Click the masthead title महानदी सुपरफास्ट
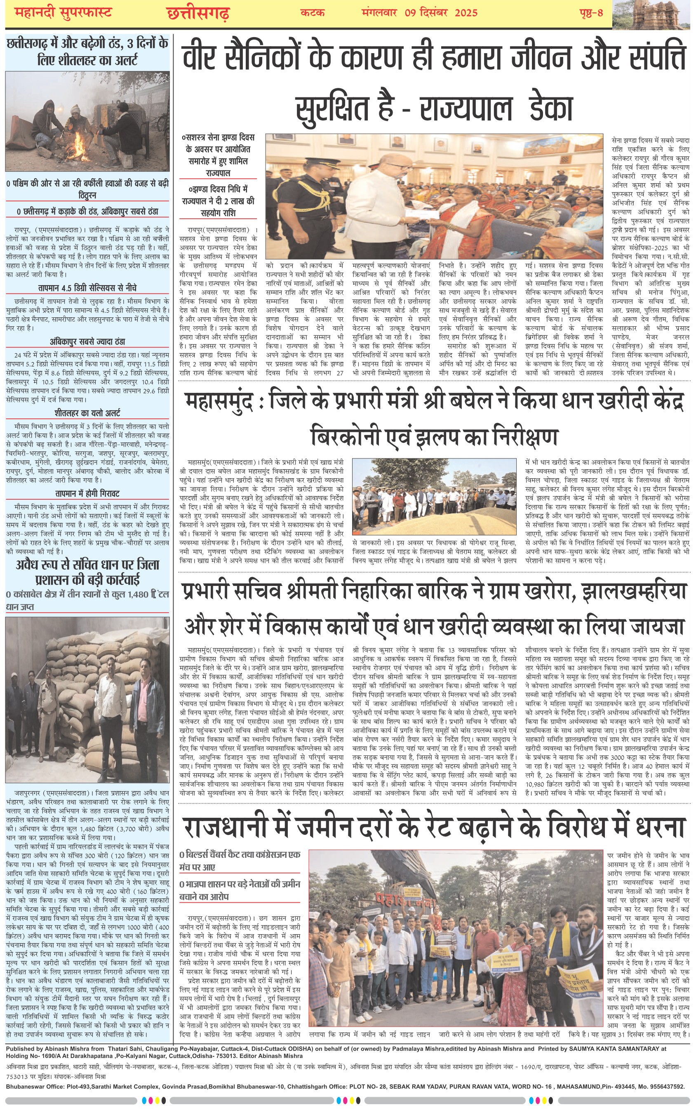[x=63, y=13]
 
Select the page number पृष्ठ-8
[x=591, y=13]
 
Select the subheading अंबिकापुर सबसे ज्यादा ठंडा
[x=87, y=342]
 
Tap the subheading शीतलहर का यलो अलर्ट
[x=87, y=413]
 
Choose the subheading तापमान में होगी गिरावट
[x=87, y=493]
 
